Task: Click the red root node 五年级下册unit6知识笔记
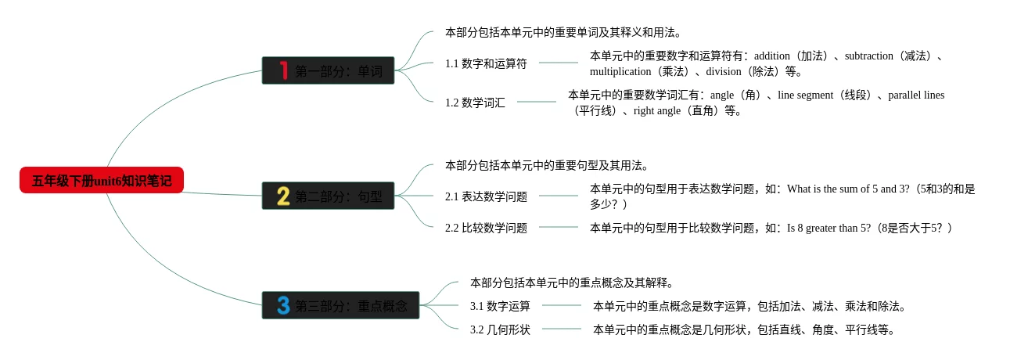(x=102, y=181)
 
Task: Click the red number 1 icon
(x=283, y=70)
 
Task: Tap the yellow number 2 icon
(x=283, y=196)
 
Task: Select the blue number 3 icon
(x=283, y=305)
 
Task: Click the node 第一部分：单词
(x=339, y=71)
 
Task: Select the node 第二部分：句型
(x=339, y=196)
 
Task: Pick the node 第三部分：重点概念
(x=350, y=306)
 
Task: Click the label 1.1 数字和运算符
(x=486, y=63)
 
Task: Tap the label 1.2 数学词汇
(x=475, y=103)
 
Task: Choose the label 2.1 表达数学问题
(x=486, y=196)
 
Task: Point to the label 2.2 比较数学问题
(x=486, y=228)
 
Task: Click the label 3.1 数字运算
(x=500, y=306)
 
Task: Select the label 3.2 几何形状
(x=500, y=329)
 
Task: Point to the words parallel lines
(x=916, y=95)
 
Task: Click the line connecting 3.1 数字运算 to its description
(x=562, y=305)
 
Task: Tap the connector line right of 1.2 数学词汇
(x=536, y=102)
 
